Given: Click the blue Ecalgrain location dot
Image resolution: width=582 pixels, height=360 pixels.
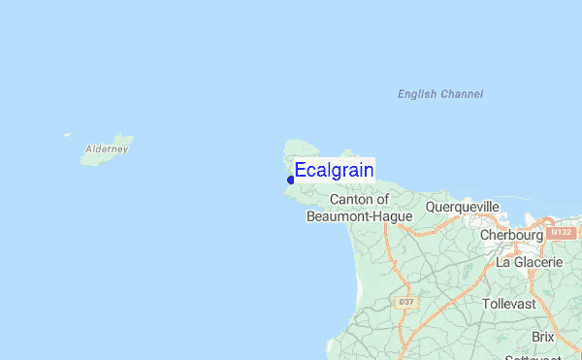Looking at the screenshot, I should click(x=291, y=180).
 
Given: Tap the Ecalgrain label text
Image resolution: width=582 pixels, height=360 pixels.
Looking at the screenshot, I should click(x=334, y=171).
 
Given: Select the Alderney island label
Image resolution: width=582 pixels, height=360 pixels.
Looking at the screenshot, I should click(x=107, y=149).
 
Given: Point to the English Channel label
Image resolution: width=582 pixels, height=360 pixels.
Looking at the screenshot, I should click(x=440, y=94).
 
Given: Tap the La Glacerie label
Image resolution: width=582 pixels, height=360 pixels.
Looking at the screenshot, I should click(x=529, y=262).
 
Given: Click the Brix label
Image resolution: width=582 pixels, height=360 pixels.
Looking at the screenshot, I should click(x=542, y=337).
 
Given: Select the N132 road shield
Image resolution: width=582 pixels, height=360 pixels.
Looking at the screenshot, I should click(x=561, y=234).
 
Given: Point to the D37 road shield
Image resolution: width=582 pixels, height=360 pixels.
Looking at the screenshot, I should click(x=406, y=303).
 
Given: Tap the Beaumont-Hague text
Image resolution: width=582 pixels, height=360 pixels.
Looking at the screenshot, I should click(x=359, y=216).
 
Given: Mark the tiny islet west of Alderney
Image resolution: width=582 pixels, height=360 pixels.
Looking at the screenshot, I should click(x=67, y=135).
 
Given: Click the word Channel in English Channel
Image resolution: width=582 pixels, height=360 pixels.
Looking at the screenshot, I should click(x=462, y=94).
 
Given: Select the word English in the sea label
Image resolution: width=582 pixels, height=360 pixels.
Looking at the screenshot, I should click(x=417, y=94).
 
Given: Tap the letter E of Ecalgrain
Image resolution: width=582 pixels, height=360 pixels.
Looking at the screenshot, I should click(x=301, y=171).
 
